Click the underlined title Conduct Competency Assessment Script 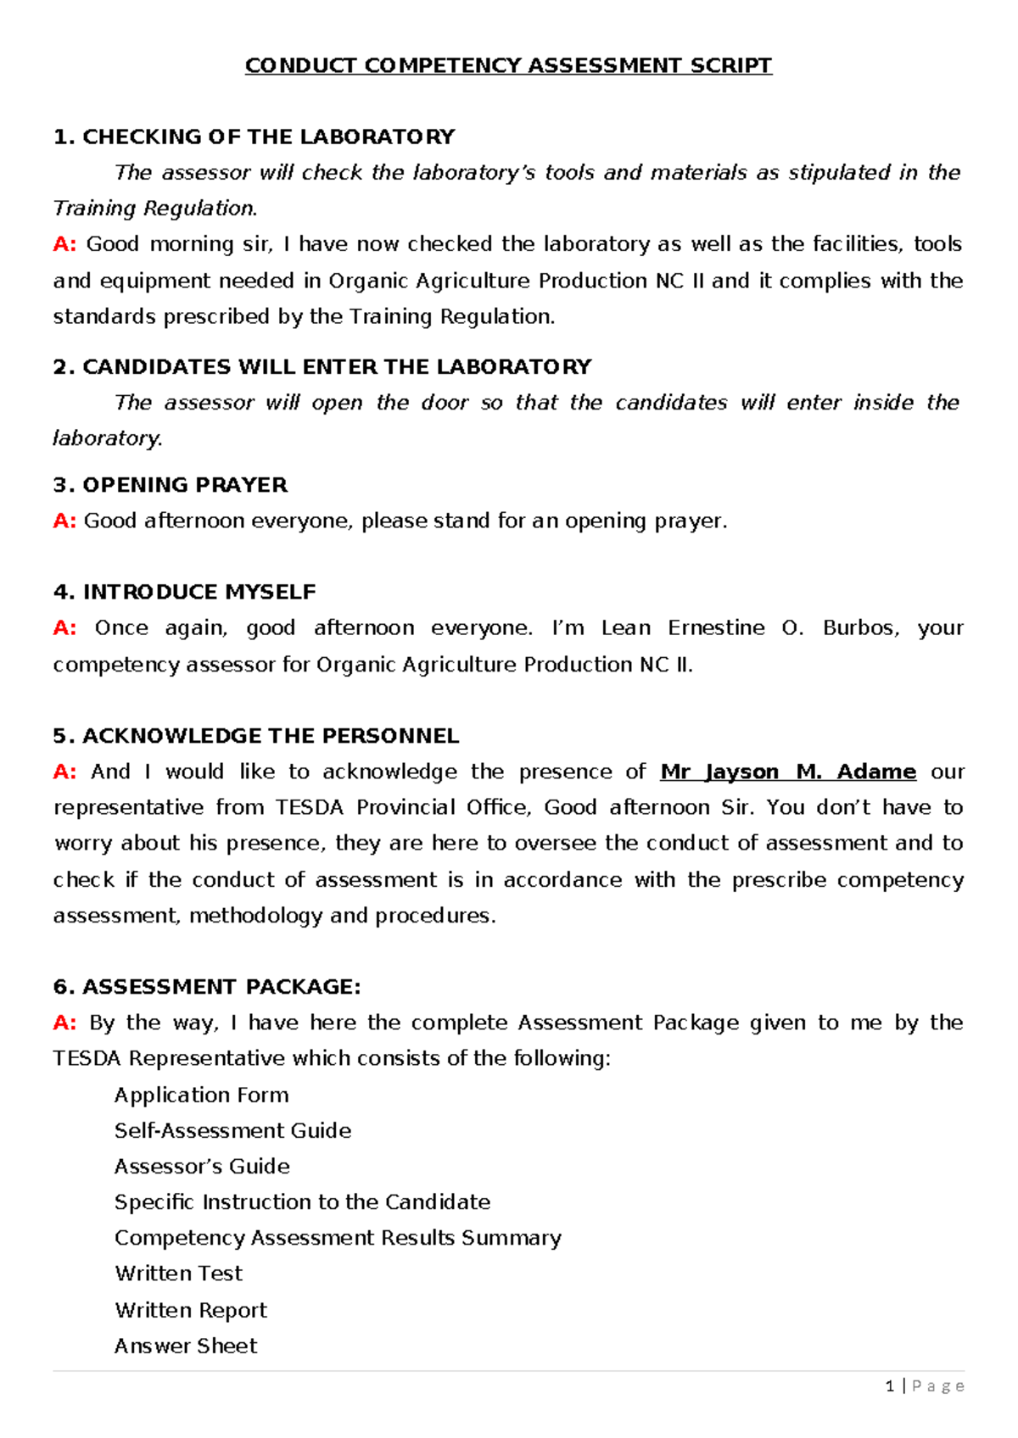tap(508, 65)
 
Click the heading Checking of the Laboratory tap(254, 137)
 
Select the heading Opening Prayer tap(170, 485)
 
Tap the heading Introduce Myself tap(184, 592)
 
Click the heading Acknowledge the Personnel tap(255, 736)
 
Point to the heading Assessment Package tap(207, 987)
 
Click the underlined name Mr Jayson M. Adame tap(787, 772)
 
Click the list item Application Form tap(201, 1095)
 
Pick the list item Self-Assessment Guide tap(232, 1130)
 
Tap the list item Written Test tap(178, 1274)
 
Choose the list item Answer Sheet tap(185, 1346)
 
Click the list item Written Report tap(191, 1310)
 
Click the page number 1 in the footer tap(889, 1385)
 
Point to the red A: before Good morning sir tap(64, 244)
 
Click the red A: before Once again tap(64, 628)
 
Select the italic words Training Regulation tap(154, 209)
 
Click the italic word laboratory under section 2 tap(106, 438)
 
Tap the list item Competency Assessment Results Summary tap(338, 1238)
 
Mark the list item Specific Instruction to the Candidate tap(302, 1202)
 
